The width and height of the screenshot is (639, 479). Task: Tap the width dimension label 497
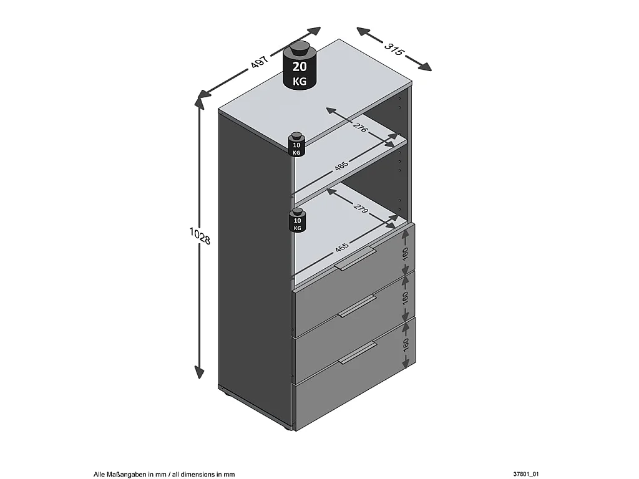point(259,62)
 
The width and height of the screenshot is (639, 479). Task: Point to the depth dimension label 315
point(393,49)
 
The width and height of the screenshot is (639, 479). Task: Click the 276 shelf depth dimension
point(360,128)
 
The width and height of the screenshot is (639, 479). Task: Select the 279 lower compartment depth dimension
point(360,209)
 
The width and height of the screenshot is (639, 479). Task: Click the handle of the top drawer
point(356,258)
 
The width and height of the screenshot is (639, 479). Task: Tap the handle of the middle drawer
point(358,306)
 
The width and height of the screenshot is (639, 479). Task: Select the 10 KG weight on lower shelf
point(297,220)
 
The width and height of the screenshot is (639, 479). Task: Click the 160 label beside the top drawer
point(405,253)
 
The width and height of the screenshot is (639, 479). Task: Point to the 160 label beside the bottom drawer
point(405,345)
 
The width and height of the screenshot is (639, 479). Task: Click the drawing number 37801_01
point(525,475)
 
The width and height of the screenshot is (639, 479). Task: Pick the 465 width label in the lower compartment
point(341,248)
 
